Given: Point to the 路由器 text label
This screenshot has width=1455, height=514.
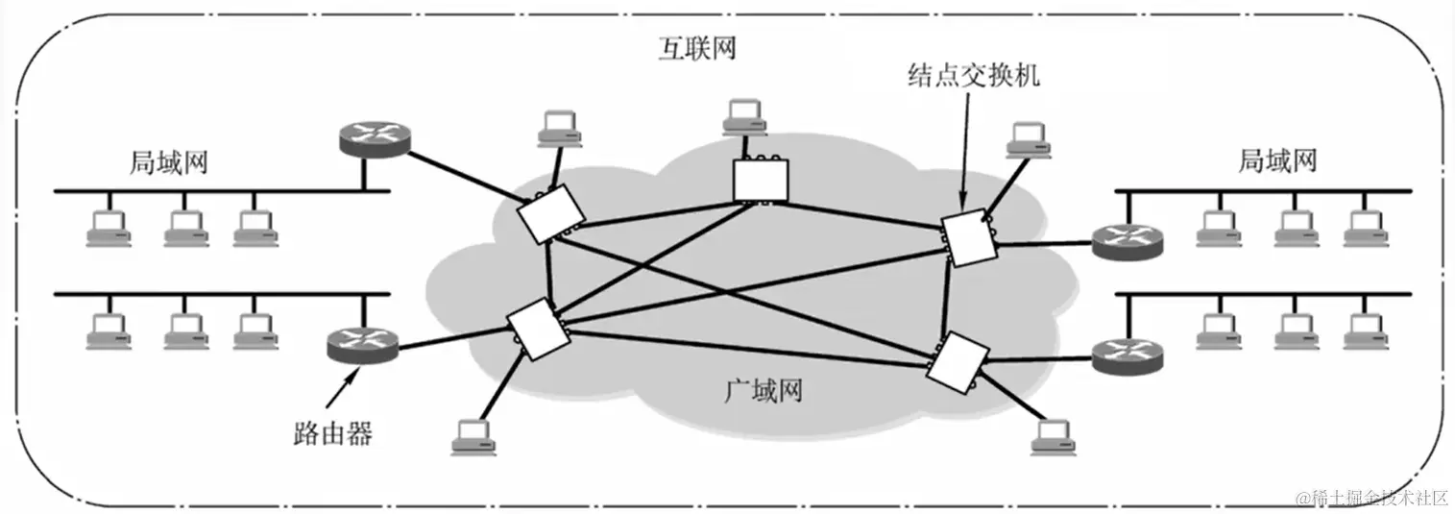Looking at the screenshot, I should pyautogui.click(x=332, y=434).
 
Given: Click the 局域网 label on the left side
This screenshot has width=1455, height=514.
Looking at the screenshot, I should pyautogui.click(x=168, y=162).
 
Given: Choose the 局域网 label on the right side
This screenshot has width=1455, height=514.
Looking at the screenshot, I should pyautogui.click(x=1276, y=160).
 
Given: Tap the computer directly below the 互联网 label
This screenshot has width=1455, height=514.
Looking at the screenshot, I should pyautogui.click(x=747, y=116).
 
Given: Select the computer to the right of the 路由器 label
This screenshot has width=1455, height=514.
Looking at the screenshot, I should pyautogui.click(x=473, y=436).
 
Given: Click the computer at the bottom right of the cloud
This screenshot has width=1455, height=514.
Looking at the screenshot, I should pyautogui.click(x=1051, y=436).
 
